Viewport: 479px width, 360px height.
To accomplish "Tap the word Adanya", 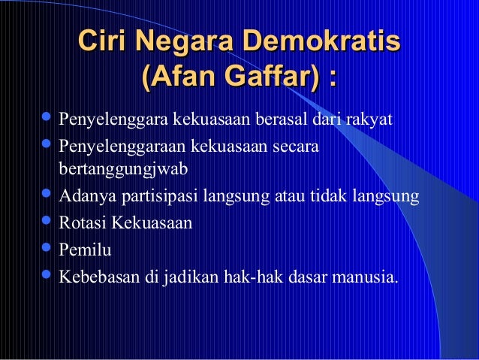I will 81,198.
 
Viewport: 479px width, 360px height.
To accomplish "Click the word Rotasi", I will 82,223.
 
